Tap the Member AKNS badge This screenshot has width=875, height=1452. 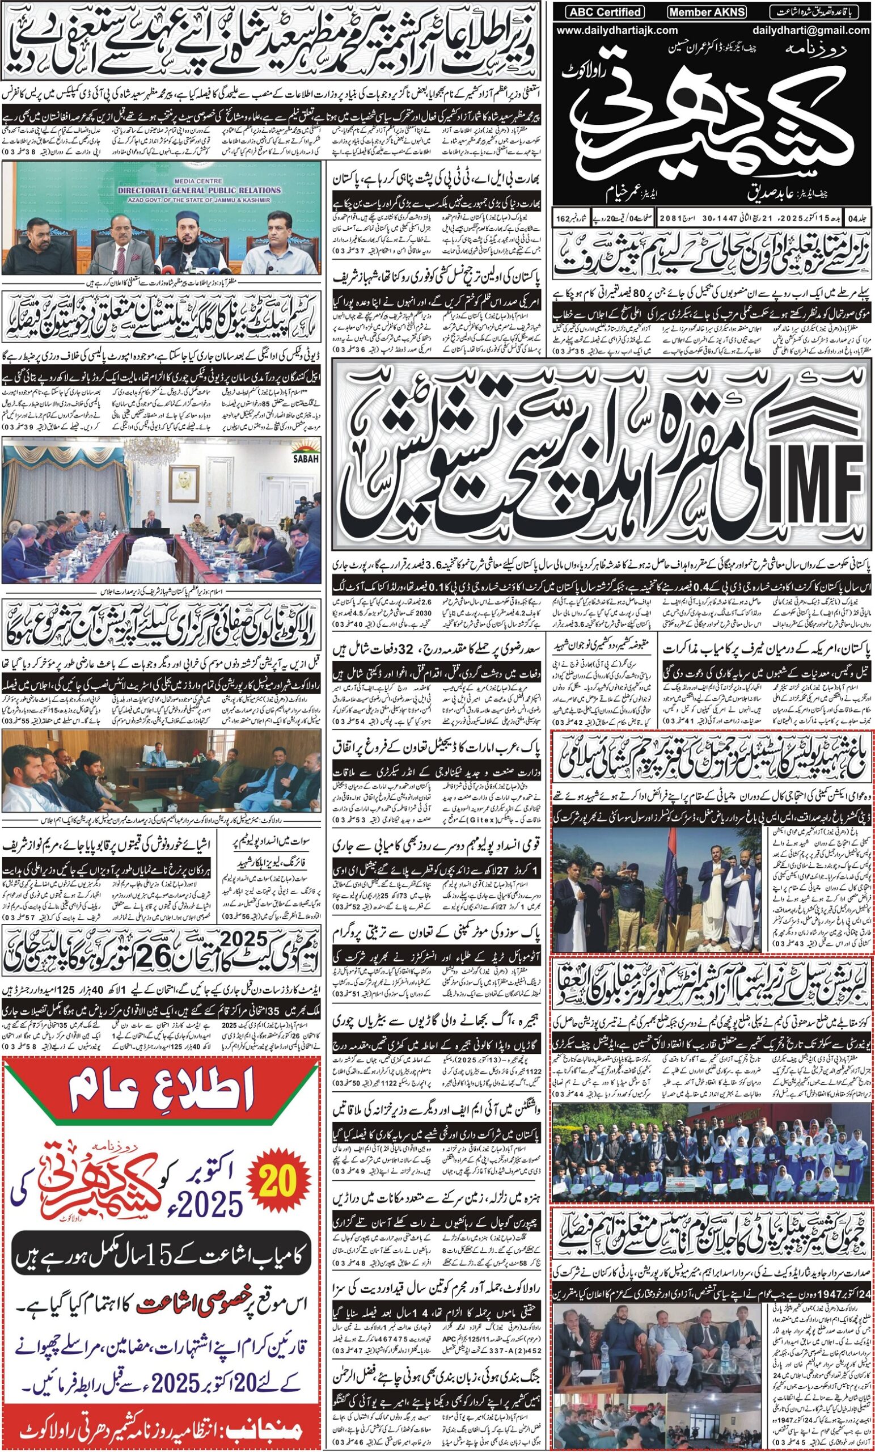coord(707,12)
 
